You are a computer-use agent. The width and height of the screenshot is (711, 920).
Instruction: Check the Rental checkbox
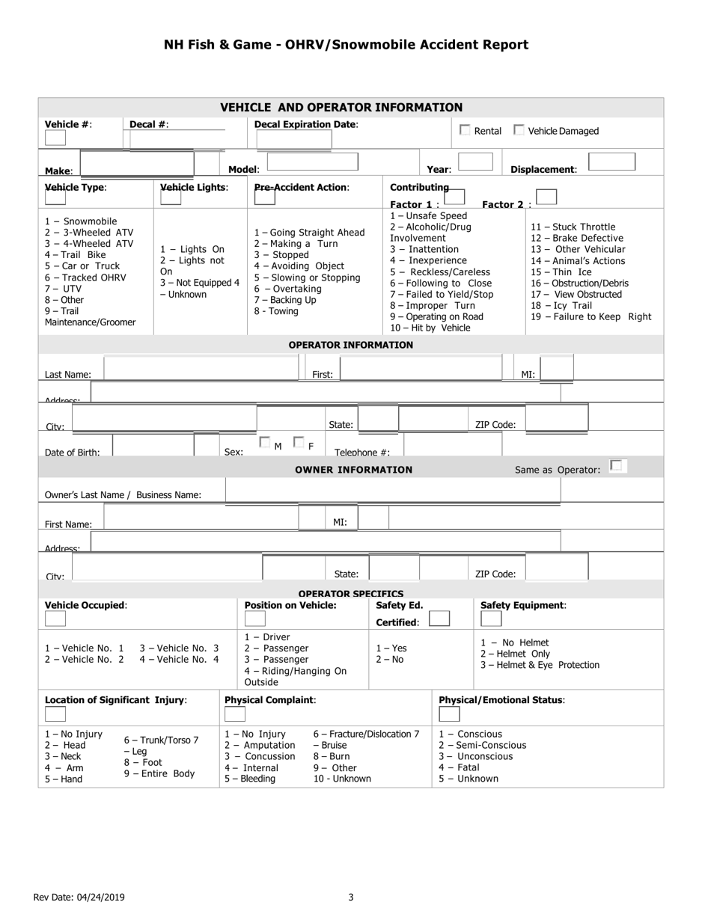pyautogui.click(x=465, y=130)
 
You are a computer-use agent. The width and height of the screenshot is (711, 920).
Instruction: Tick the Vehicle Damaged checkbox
pyautogui.click(x=519, y=130)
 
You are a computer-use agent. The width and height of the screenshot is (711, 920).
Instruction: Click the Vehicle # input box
pyautogui.click(x=55, y=138)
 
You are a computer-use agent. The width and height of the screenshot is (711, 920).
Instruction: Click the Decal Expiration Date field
pyautogui.click(x=294, y=140)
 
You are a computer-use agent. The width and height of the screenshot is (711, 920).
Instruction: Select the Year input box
pyautogui.click(x=475, y=162)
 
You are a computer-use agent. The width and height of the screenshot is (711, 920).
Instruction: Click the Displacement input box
pyautogui.click(x=611, y=162)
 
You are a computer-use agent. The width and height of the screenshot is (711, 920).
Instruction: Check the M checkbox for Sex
pyautogui.click(x=264, y=443)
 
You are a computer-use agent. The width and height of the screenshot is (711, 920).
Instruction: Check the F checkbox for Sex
pyautogui.click(x=299, y=443)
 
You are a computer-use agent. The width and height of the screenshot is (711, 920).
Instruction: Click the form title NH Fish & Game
pyautogui.click(x=346, y=45)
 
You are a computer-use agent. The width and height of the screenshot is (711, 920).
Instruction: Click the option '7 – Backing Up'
pyautogui.click(x=285, y=300)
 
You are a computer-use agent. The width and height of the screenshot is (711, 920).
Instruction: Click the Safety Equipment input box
pyautogui.click(x=491, y=619)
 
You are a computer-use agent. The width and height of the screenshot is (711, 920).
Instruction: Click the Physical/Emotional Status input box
pyautogui.click(x=449, y=714)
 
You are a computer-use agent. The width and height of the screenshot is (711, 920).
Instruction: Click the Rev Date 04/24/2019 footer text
pyautogui.click(x=79, y=898)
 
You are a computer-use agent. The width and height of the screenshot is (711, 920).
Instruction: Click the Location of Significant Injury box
pyautogui.click(x=55, y=714)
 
